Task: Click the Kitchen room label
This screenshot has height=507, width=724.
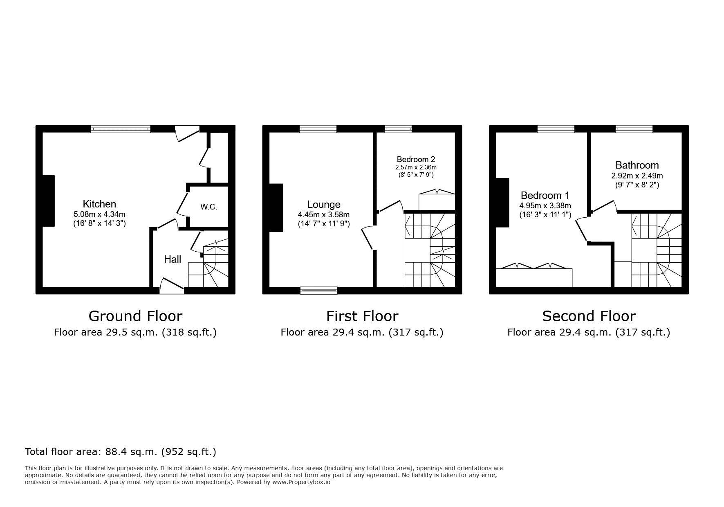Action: [99, 204]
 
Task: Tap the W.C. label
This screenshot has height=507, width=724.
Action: [208, 207]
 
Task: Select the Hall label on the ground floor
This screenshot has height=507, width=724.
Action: [173, 259]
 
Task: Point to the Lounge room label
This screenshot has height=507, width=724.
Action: [323, 204]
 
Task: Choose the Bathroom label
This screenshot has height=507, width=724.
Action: [637, 165]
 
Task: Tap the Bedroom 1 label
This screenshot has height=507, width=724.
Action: [545, 195]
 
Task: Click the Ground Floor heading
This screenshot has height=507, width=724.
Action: [135, 316]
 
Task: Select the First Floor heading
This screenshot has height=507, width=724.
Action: [362, 316]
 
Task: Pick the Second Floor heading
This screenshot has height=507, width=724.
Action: [589, 316]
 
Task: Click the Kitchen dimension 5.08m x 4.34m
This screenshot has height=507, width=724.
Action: [99, 214]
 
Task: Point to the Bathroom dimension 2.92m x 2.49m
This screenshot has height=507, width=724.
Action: [637, 176]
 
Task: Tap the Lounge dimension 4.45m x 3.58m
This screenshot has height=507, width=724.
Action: [323, 214]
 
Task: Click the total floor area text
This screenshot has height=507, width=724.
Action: [121, 452]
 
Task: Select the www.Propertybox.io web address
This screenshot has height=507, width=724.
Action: [301, 482]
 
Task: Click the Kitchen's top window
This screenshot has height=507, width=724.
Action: [121, 129]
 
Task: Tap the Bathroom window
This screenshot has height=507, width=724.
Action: [634, 129]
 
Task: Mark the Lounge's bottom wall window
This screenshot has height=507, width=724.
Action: [319, 291]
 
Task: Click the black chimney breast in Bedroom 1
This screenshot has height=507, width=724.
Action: [502, 202]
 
